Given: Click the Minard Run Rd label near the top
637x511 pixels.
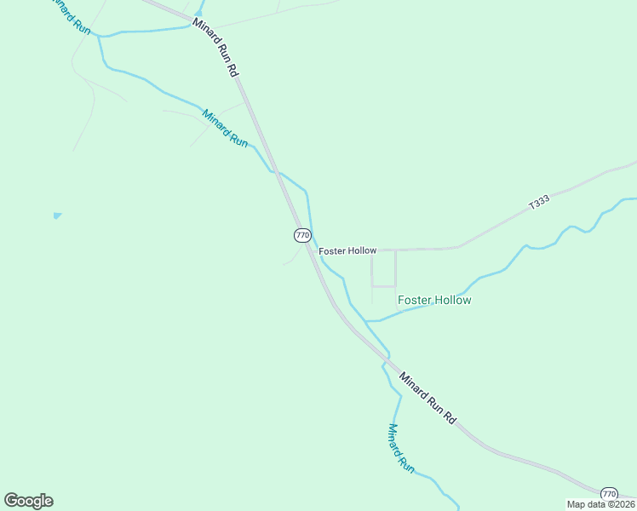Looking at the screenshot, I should [215, 49].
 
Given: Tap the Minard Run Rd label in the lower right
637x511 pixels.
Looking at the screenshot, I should [428, 397].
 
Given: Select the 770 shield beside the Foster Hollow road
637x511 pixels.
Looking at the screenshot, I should [302, 235].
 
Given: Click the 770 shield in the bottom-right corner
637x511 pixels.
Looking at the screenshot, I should [609, 494].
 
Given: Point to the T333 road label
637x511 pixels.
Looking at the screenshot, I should [539, 203].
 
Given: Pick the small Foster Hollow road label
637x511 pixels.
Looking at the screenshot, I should [347, 251].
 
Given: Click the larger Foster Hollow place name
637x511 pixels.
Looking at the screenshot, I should [434, 301].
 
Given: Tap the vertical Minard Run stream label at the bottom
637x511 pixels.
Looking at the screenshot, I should [400, 448].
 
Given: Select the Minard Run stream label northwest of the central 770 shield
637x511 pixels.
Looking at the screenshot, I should [225, 128].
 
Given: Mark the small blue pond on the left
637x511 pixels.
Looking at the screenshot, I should [57, 215].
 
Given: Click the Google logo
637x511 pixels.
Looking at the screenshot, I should [29, 501].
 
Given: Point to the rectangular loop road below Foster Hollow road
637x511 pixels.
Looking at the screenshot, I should [383, 269].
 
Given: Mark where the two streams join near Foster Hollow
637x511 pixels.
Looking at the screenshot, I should [368, 321].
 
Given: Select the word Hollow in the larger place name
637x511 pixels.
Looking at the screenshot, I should [452, 301].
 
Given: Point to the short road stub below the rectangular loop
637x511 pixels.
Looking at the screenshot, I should [372, 295].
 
